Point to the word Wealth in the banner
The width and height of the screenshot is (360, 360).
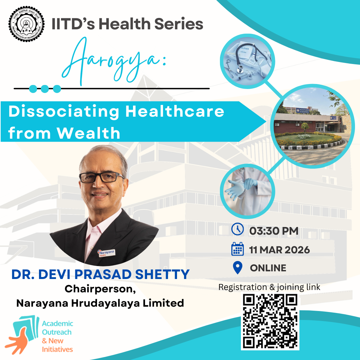click(x=88, y=133)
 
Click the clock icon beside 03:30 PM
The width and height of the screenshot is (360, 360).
click(x=238, y=230)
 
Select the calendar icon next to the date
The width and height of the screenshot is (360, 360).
click(x=238, y=249)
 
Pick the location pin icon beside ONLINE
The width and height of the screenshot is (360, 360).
click(x=237, y=268)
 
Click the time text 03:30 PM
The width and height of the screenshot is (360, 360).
click(x=274, y=230)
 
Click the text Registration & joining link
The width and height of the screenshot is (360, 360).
click(x=269, y=287)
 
